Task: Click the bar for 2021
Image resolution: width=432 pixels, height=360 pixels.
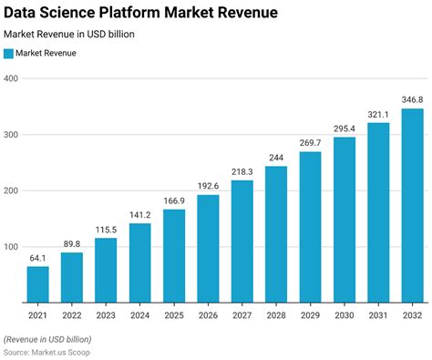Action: coord(38,284)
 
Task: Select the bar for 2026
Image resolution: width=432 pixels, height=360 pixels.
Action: coord(209,248)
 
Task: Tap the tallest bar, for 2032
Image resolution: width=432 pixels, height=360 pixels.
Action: coord(413,205)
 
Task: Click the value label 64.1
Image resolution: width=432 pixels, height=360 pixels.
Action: coord(38,258)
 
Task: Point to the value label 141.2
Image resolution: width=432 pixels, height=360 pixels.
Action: coord(140,215)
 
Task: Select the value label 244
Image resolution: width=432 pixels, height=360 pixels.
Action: coord(277,158)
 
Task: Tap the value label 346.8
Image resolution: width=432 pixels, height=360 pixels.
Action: coord(413,99)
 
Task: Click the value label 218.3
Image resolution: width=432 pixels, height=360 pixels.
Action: coord(242,171)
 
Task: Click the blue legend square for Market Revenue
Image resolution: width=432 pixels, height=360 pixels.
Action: coord(9,53)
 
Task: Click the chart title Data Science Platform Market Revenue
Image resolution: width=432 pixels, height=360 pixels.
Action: coord(141,13)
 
